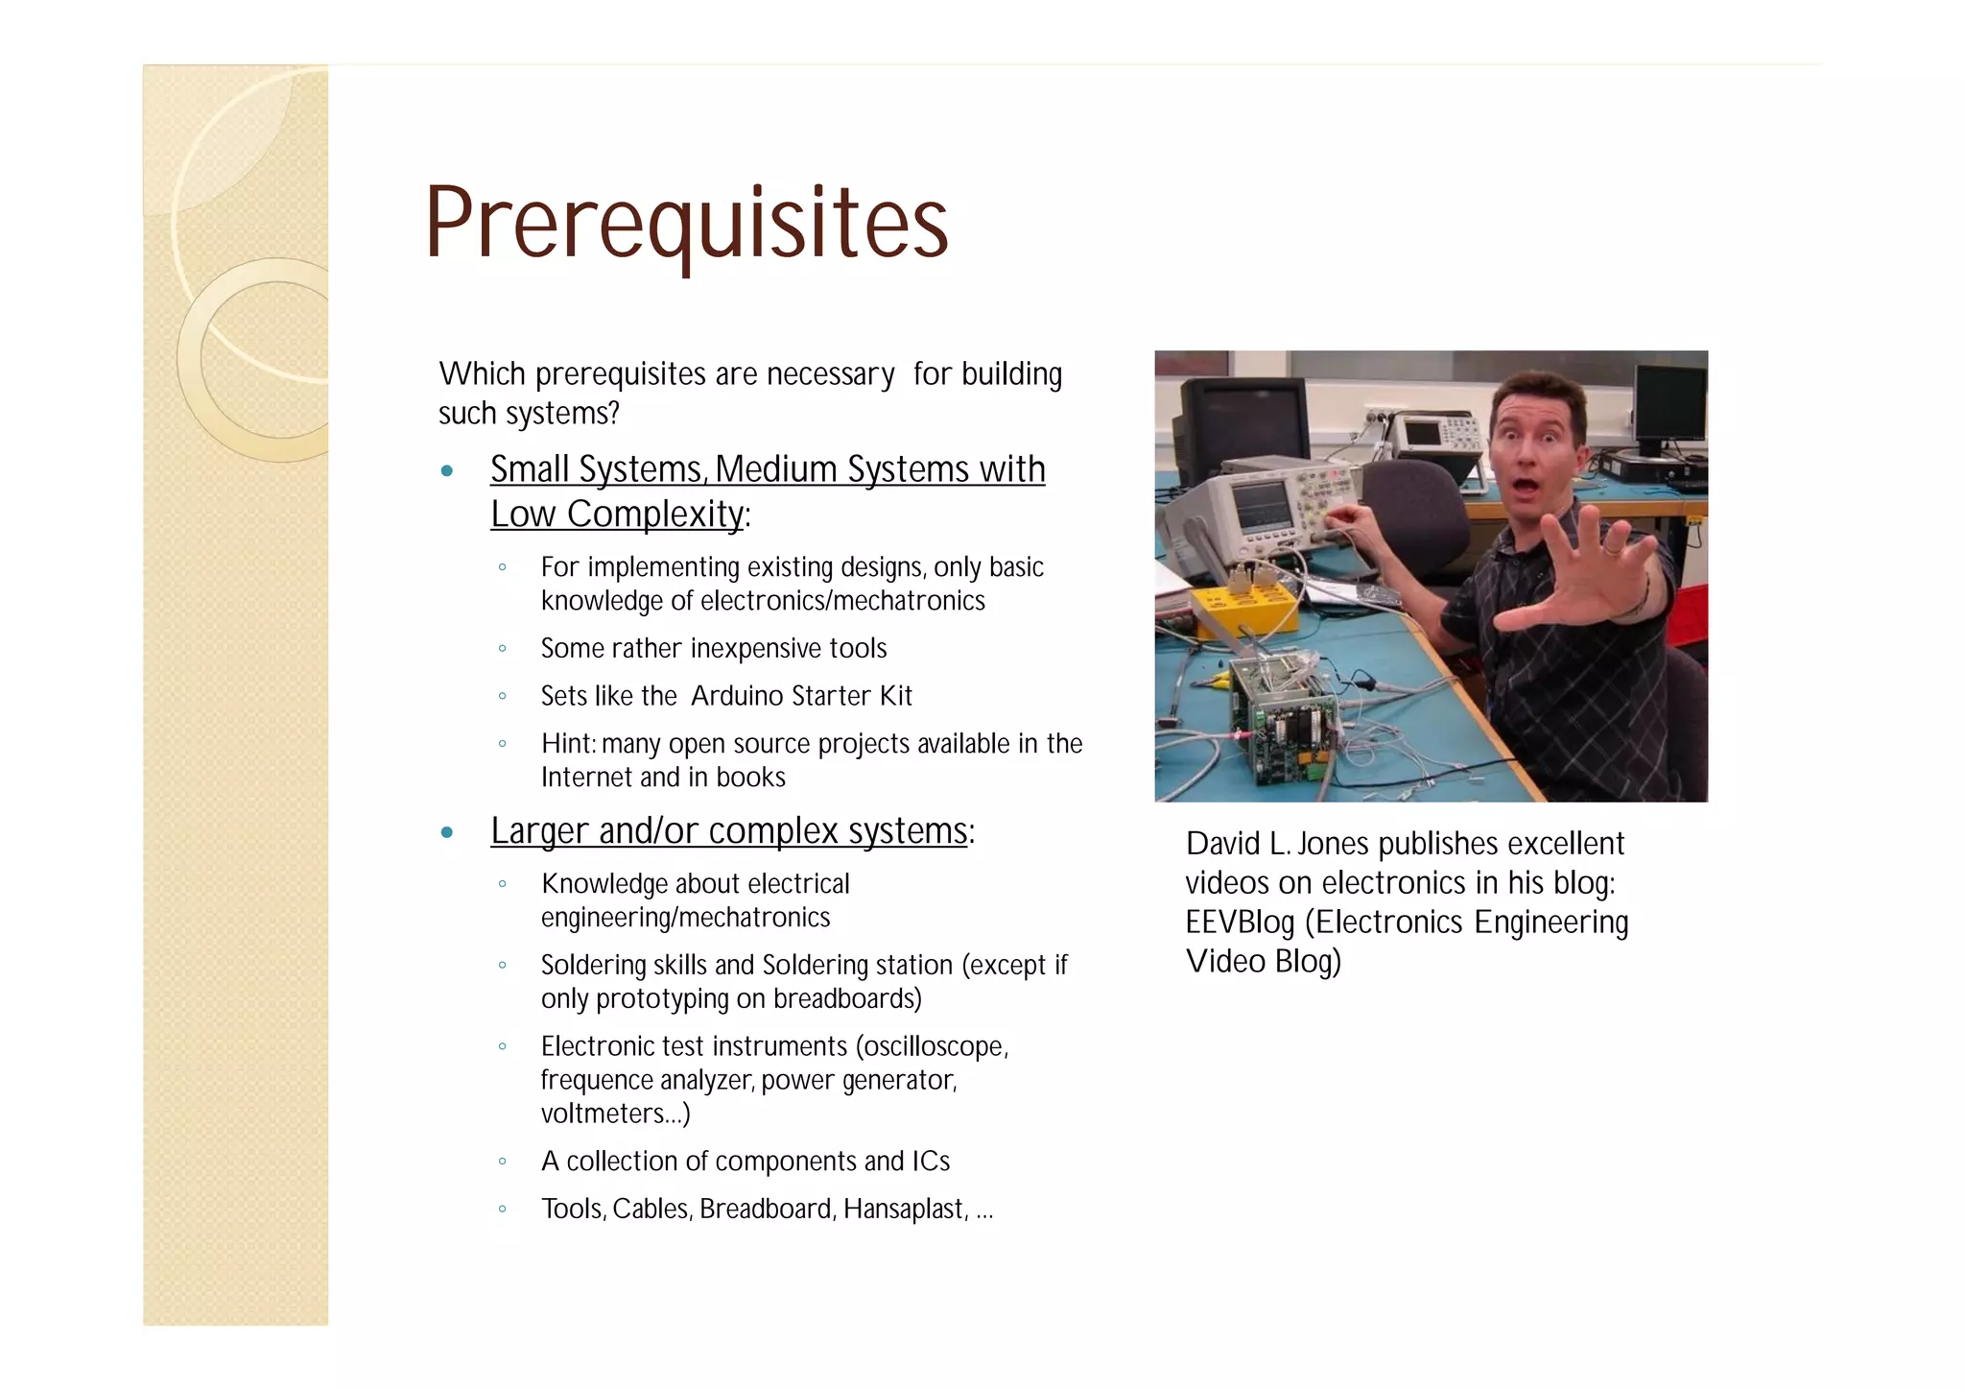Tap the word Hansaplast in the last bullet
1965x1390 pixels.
click(903, 1209)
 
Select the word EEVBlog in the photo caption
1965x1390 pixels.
click(1239, 923)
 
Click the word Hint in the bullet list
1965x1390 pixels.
click(566, 744)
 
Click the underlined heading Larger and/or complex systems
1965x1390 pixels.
click(728, 831)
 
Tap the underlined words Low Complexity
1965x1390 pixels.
click(617, 515)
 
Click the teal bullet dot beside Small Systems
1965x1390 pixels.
click(446, 471)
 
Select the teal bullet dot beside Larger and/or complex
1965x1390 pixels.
click(446, 832)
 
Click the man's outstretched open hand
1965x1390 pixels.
click(1583, 576)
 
